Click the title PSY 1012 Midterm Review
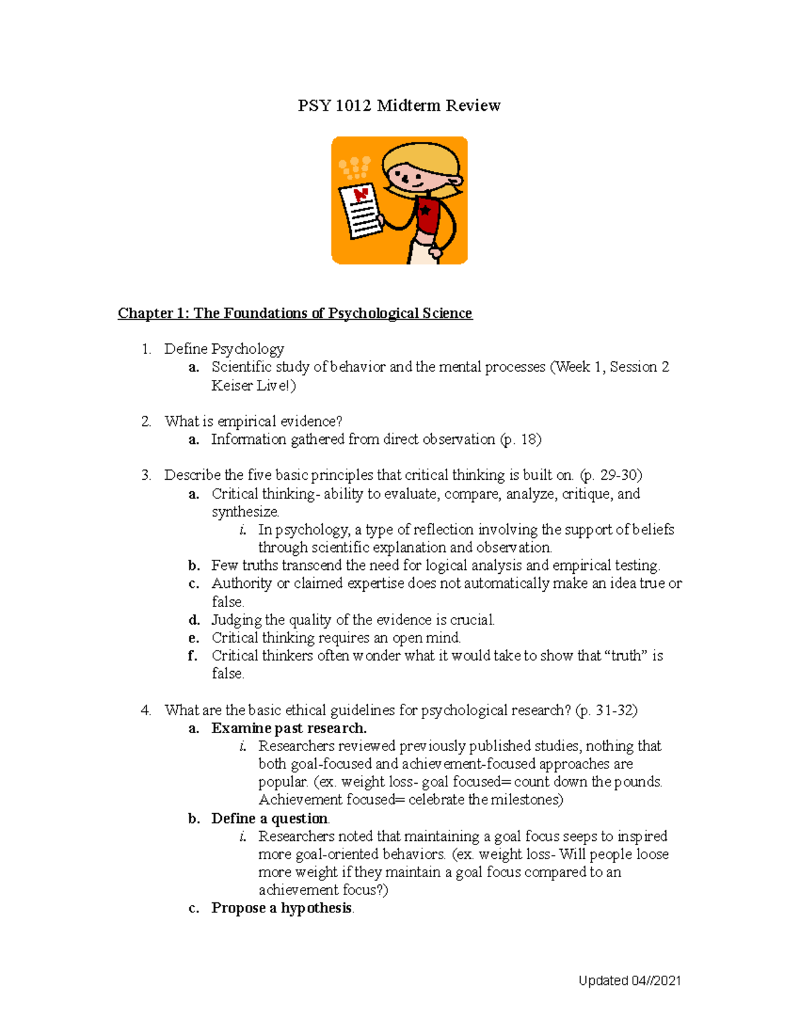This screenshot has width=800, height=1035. (x=399, y=106)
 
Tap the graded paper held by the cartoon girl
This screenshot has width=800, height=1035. (x=360, y=209)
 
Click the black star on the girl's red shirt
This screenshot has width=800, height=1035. (x=425, y=211)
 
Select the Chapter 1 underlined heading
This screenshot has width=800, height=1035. (x=295, y=313)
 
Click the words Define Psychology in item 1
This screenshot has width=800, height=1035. (x=224, y=349)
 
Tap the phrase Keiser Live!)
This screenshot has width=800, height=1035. (x=253, y=385)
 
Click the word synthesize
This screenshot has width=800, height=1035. (x=245, y=512)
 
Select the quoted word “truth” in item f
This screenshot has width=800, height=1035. (x=625, y=656)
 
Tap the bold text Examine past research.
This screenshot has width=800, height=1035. (x=289, y=728)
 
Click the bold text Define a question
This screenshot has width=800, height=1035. (x=269, y=818)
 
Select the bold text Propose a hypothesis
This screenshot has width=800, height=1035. (x=281, y=908)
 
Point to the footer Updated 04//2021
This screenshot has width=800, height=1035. (x=629, y=980)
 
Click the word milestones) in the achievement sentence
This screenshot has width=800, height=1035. (x=527, y=800)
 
